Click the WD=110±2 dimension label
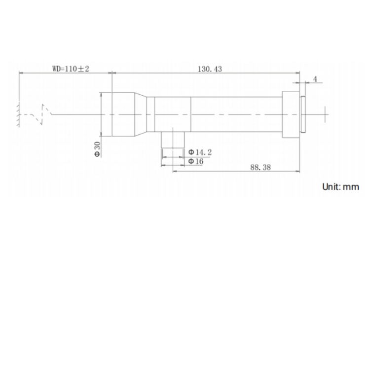click(71, 69)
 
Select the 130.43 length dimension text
click(210, 69)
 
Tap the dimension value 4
click(315, 79)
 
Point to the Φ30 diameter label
click(97, 149)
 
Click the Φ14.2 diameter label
click(200, 152)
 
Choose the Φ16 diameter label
click(196, 161)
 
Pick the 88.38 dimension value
click(260, 167)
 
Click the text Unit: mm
click(340, 186)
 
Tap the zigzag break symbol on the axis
click(45, 114)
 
